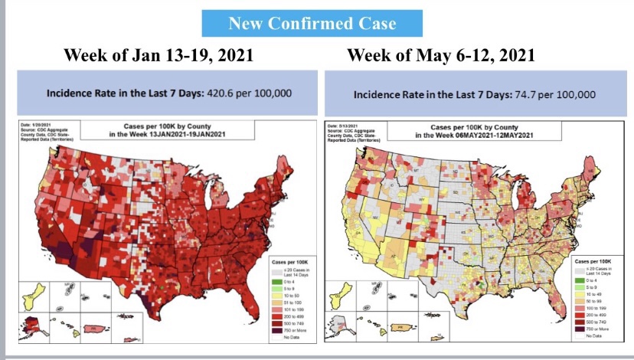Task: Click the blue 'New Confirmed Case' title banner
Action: click(x=312, y=23)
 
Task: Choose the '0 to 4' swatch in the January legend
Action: click(x=278, y=283)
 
